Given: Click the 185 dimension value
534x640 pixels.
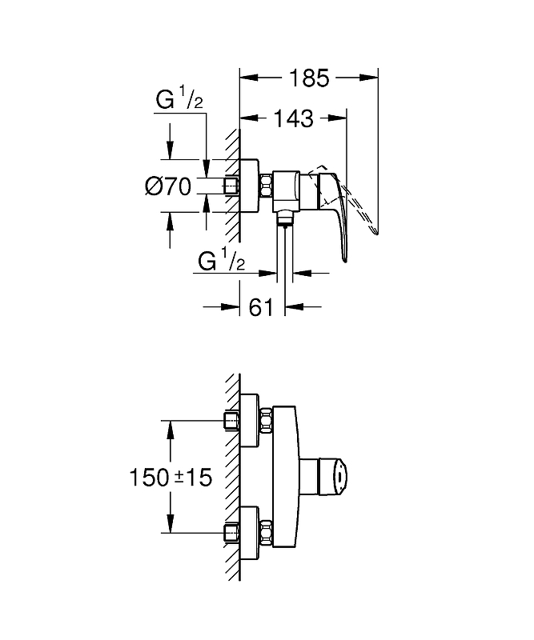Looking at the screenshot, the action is pyautogui.click(x=309, y=78).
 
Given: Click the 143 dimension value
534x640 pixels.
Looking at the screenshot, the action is pyautogui.click(x=293, y=118).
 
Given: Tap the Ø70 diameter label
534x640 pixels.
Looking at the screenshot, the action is pyautogui.click(x=168, y=186).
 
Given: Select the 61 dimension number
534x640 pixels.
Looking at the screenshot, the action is pyautogui.click(x=261, y=306).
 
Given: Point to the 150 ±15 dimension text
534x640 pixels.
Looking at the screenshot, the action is pyautogui.click(x=171, y=477).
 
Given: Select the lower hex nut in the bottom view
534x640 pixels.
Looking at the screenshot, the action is pyautogui.click(x=266, y=533).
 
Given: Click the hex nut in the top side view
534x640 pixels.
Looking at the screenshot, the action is pyautogui.click(x=266, y=186).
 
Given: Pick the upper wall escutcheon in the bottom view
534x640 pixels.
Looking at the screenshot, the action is pyautogui.click(x=249, y=421).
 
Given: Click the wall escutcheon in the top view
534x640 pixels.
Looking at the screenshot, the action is pyautogui.click(x=249, y=186).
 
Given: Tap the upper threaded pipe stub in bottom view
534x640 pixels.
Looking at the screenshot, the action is pyautogui.click(x=231, y=421).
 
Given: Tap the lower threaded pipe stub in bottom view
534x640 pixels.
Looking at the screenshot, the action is pyautogui.click(x=231, y=533).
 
